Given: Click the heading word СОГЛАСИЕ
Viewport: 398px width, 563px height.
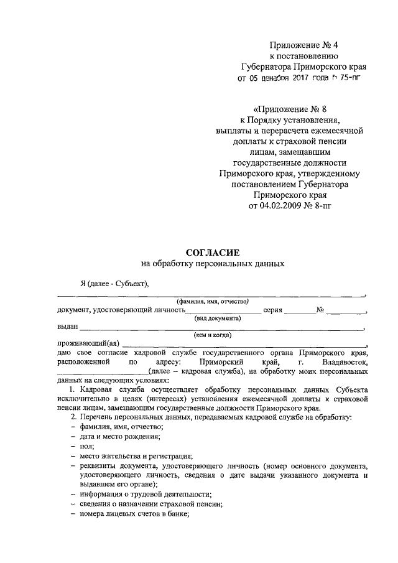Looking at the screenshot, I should (213, 252).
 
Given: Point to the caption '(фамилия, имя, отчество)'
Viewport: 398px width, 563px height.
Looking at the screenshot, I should (211, 302).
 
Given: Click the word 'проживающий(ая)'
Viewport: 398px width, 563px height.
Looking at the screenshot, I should (88, 343).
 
